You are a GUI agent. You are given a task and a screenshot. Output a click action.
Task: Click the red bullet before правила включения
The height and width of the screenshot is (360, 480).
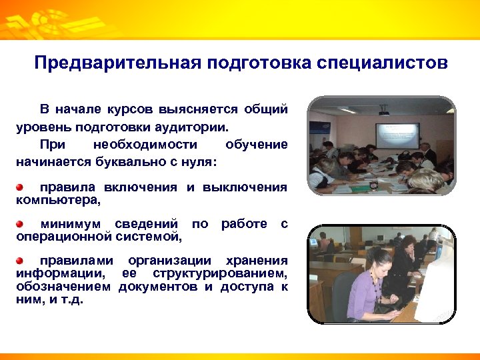[x=21, y=187]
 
